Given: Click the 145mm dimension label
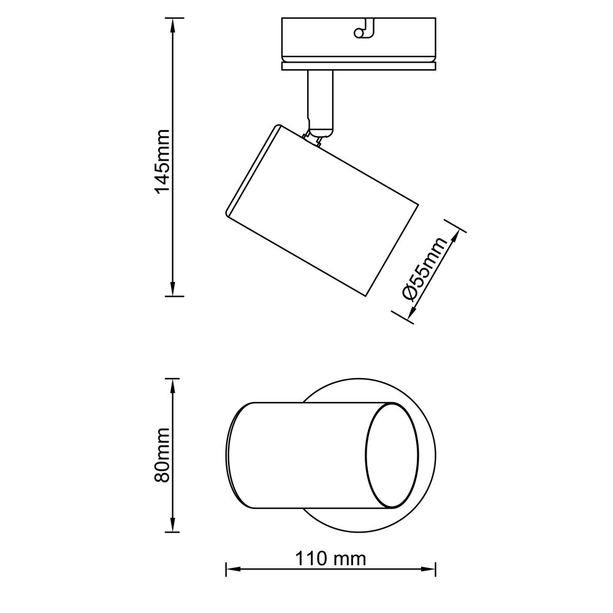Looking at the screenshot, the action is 162,161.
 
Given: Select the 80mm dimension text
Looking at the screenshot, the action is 162,455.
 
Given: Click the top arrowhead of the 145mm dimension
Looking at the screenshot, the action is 172,25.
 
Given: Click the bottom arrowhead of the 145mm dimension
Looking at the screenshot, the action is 172,289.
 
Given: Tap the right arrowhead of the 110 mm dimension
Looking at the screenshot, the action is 429,569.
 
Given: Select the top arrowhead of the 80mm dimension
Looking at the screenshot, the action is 172,386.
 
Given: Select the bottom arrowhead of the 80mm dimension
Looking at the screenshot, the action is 172,525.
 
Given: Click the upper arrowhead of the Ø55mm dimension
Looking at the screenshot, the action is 455,237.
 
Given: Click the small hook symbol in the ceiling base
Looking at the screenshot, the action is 364,29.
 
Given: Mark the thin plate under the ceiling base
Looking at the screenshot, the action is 359,66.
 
